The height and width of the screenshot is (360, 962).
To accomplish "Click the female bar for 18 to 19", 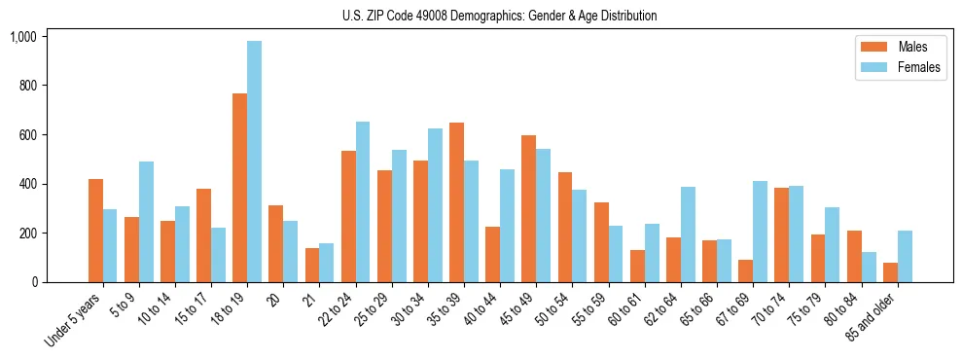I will [254, 162].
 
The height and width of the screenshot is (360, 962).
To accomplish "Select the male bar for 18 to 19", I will [239, 188].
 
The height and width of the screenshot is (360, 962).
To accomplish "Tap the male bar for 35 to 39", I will [456, 202].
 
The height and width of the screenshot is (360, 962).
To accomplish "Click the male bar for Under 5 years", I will [95, 231].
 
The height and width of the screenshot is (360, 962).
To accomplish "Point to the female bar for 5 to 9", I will [146, 222].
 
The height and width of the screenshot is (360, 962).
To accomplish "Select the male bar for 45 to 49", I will [528, 209].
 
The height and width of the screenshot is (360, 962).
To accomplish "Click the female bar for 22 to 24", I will [363, 202].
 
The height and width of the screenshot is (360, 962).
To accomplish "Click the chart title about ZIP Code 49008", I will [499, 16].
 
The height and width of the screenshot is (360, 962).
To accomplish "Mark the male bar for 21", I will [312, 266].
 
